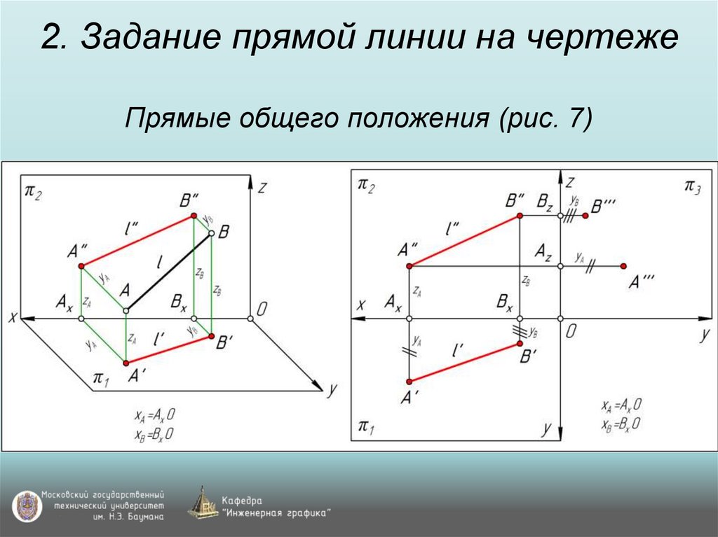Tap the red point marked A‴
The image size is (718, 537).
coord(623,266)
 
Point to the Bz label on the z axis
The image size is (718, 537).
coord(545,202)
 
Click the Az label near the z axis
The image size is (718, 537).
coord(543,250)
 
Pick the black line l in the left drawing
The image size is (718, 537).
coord(168,274)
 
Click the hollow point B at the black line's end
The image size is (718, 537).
coord(211,237)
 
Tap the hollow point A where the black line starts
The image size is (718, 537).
coord(126,310)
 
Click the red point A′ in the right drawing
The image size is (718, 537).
coord(409,382)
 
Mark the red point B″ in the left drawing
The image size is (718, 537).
coord(195,217)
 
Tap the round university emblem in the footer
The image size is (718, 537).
coord(25,505)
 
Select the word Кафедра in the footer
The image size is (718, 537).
coord(241,500)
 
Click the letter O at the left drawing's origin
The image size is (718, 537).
coord(262,309)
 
